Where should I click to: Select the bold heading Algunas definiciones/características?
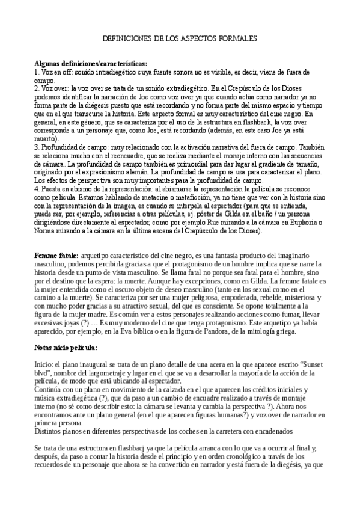(x=91, y=64)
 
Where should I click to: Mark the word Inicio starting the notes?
(x=44, y=366)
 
